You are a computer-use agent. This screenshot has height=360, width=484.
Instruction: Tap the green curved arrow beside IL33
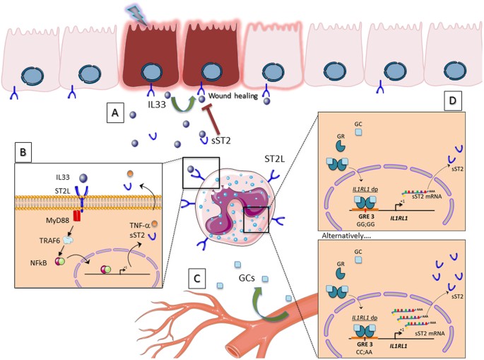[x=182, y=105]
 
